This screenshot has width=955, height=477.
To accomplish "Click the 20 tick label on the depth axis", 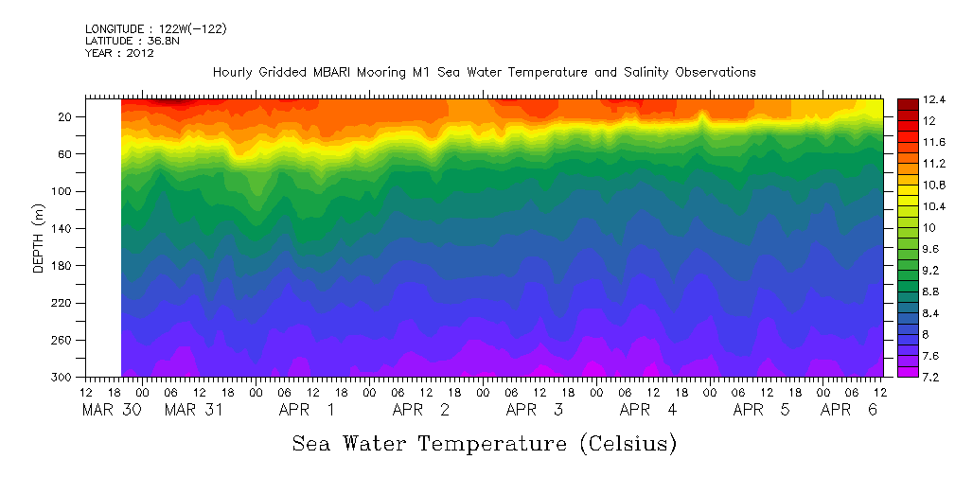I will pyautogui.click(x=66, y=116).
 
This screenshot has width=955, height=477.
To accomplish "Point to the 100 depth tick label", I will pyautogui.click(x=63, y=191).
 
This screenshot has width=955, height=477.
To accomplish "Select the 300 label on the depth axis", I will pyautogui.click(x=63, y=377).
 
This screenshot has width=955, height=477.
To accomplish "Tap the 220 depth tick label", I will pyautogui.click(x=63, y=303).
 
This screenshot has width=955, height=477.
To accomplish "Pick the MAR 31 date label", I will pyautogui.click(x=193, y=411).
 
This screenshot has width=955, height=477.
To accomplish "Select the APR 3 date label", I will pyautogui.click(x=535, y=411).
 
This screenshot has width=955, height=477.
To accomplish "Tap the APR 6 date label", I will pyautogui.click(x=849, y=411).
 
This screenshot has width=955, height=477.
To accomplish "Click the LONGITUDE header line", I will pyautogui.click(x=155, y=29).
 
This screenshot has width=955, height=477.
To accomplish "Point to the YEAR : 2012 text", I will pyautogui.click(x=119, y=53).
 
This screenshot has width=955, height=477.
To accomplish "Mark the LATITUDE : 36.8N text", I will pyautogui.click(x=132, y=42).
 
